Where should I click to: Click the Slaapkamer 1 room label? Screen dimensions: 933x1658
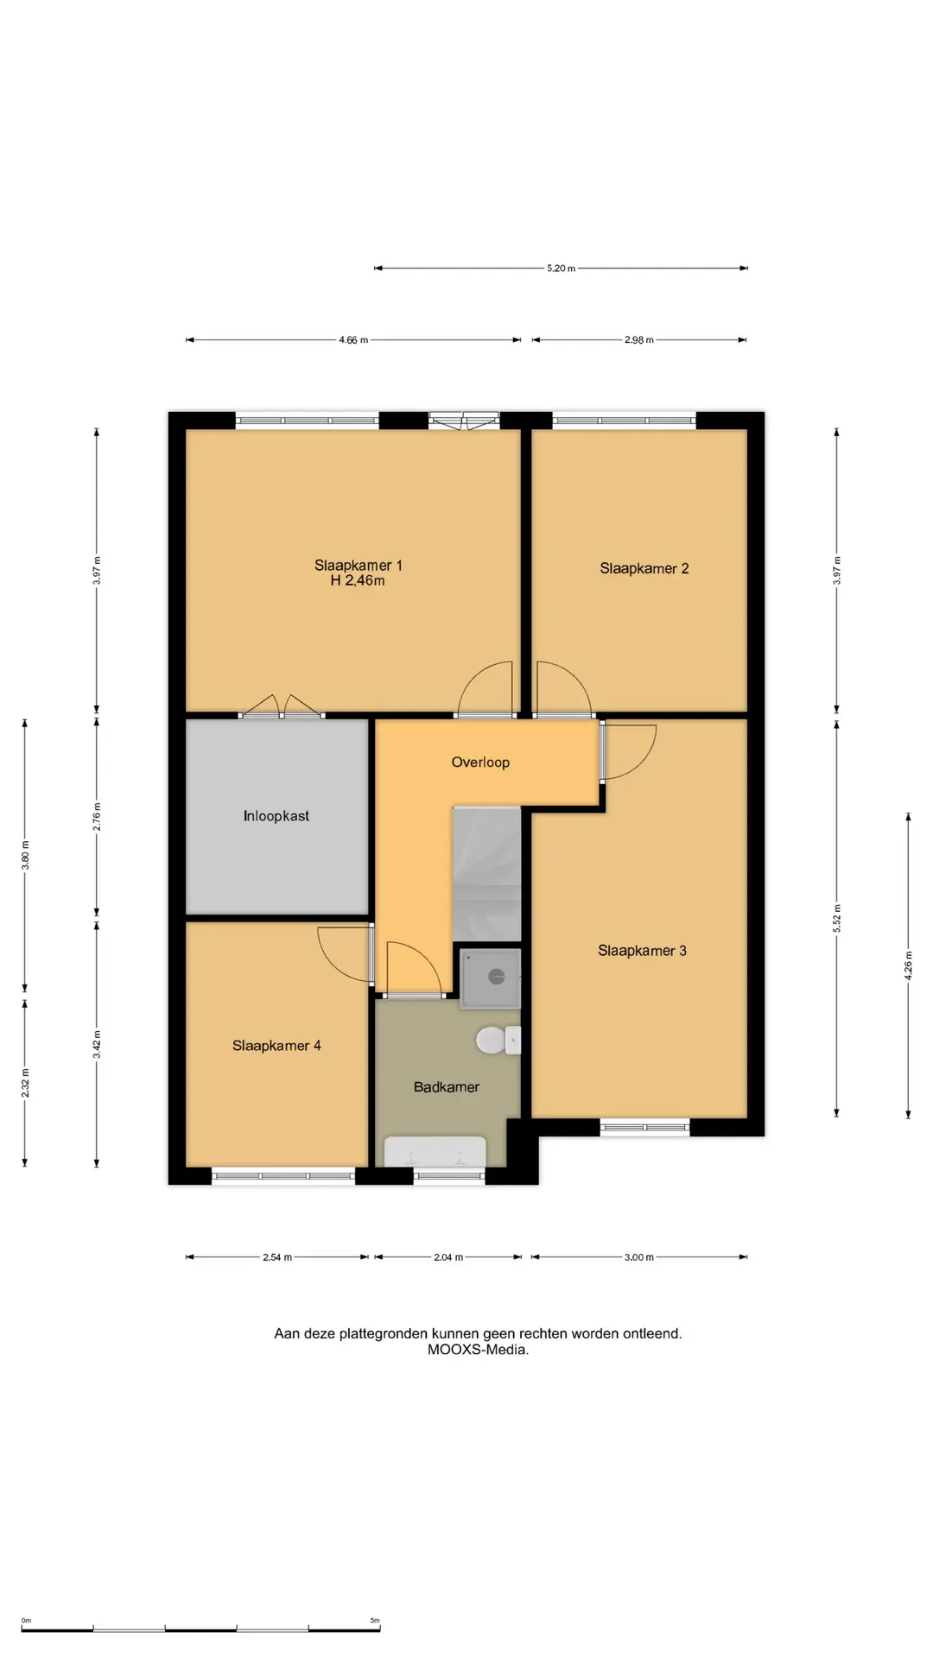tap(358, 566)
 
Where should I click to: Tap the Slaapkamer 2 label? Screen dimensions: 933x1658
tap(644, 568)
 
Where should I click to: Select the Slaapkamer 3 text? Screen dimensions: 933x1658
tap(642, 951)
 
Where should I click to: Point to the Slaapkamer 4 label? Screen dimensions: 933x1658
tap(276, 1046)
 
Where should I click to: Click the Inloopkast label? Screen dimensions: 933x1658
tap(276, 816)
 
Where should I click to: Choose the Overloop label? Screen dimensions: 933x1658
tap(480, 763)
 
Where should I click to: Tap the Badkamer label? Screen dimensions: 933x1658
tap(447, 1087)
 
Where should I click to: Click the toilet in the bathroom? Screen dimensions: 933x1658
tap(498, 1040)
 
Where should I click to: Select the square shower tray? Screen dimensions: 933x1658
tap(491, 978)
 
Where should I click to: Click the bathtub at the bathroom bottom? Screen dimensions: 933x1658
tap(435, 1151)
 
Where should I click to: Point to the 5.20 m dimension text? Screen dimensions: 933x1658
tap(561, 269)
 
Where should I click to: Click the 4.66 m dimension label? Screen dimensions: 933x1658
tap(353, 340)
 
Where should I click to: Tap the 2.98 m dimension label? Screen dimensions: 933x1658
tap(639, 340)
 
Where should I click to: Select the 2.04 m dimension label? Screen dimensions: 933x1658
tap(448, 1257)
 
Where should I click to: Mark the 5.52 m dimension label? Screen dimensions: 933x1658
tap(836, 919)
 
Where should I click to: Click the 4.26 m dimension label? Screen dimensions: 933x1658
tap(908, 965)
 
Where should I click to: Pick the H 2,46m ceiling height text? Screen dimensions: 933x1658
tap(358, 581)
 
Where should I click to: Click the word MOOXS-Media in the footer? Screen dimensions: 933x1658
tap(478, 1350)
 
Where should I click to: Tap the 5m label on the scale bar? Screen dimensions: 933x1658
tap(375, 1621)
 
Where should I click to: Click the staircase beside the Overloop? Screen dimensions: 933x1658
tap(487, 874)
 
